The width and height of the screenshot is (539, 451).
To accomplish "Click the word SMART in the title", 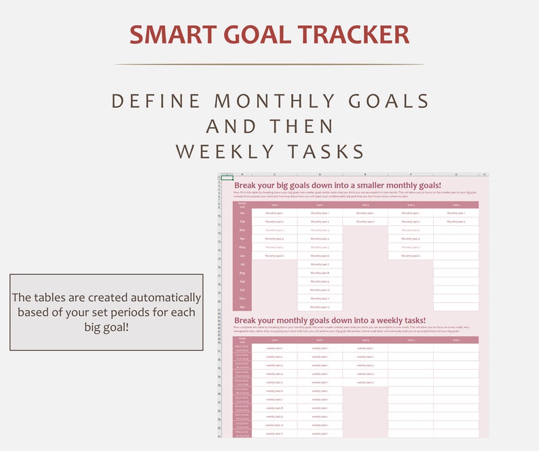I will (169, 35).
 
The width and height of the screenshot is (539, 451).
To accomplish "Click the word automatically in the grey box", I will (161, 298).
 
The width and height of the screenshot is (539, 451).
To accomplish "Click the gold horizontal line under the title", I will (269, 64).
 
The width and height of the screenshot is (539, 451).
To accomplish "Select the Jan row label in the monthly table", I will (242, 213).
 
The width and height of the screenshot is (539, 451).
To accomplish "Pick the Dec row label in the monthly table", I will (242, 307).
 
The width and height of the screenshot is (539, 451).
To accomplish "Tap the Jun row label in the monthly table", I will (242, 256).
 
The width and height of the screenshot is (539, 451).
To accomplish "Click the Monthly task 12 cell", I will (320, 307).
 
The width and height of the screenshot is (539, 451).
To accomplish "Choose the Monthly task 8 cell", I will (320, 273).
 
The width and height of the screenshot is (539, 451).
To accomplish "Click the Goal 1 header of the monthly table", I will (274, 204).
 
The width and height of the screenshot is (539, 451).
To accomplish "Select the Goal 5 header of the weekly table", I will (456, 340).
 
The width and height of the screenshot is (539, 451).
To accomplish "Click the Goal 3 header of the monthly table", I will (365, 204).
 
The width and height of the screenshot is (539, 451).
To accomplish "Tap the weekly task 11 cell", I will (274, 433).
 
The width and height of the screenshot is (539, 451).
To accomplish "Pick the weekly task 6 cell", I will (274, 391).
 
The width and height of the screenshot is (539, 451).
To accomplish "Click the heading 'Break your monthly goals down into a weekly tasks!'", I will (330, 320).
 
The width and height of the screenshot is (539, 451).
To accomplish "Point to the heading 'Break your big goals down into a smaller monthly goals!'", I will (337, 185).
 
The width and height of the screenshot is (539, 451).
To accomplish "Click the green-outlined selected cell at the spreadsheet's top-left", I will (227, 178).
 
